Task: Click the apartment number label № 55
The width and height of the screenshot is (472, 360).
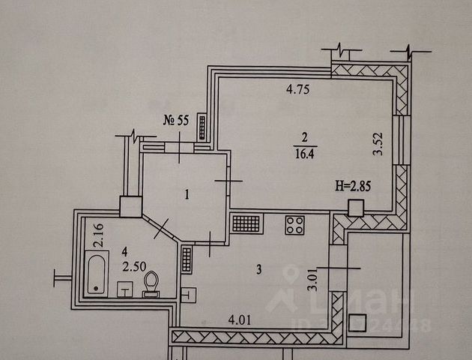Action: (x=178, y=121)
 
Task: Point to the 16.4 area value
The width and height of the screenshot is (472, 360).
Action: (x=304, y=151)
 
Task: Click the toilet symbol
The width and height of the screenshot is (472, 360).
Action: (x=151, y=283)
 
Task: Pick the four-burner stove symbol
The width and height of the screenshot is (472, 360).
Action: (x=294, y=225)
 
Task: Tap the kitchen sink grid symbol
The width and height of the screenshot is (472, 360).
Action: (x=246, y=223)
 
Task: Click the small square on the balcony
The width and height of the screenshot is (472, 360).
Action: (x=358, y=323)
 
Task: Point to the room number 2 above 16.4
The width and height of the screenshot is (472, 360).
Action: (x=303, y=136)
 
